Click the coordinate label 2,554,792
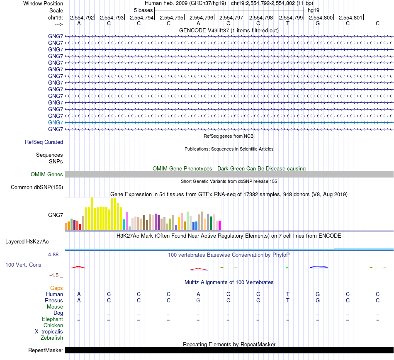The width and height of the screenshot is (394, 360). pos(82,17)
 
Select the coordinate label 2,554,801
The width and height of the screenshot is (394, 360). pos(350,17)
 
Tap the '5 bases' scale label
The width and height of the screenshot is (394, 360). pos(143,10)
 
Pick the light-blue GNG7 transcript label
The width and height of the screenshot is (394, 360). pos(56,122)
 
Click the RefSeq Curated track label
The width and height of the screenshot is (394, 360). pos(44,142)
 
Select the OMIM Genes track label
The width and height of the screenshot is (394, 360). pos(47,175)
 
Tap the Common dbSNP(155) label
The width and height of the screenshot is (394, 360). pos(36,187)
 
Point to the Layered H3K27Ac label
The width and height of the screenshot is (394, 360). pos(27,241)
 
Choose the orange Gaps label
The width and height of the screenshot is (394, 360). pos(56,288)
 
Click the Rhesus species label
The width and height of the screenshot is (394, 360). pos(54,300)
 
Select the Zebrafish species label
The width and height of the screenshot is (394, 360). pos(52,338)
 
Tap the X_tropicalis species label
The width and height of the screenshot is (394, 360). pos(49,332)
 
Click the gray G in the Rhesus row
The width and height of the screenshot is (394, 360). pos(198,300)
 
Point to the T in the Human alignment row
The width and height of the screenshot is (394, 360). pos(288,294)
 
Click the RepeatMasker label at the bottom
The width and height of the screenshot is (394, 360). pos(46,350)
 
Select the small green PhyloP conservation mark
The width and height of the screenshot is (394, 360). pos(287,268)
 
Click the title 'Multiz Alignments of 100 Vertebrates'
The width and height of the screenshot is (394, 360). pos(229,282)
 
